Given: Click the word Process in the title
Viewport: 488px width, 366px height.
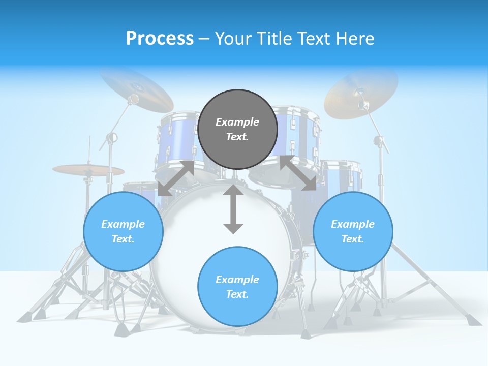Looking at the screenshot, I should (160, 39).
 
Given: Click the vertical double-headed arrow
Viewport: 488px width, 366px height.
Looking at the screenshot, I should (233, 209).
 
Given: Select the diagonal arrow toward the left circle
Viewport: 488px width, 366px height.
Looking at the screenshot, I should (176, 178).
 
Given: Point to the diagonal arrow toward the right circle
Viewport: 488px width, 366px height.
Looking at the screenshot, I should (298, 173).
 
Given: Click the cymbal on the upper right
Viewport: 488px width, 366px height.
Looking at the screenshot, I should (361, 91).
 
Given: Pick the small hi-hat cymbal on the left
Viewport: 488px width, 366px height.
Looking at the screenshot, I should (88, 170).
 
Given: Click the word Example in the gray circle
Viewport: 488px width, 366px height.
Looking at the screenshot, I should (237, 122).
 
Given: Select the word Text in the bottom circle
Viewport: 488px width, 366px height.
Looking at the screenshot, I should (236, 294).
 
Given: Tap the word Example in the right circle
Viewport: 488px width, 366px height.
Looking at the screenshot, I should (353, 224).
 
